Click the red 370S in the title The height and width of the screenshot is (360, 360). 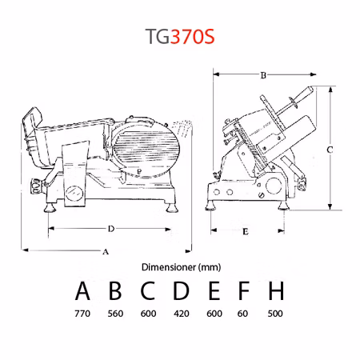pos(192,37)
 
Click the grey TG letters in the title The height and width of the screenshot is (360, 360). pos(158,37)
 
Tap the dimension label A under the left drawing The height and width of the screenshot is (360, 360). pos(106,252)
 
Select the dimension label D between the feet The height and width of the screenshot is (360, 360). pos(111,229)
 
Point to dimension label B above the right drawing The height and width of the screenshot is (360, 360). pos(263,75)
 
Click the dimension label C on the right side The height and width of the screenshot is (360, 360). pos(330,150)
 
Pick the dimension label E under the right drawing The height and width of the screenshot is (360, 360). pos(246,231)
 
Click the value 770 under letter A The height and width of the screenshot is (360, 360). pos(82,314)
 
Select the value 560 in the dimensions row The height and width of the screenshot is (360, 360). pos(115,314)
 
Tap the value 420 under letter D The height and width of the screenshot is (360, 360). pos(182,314)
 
